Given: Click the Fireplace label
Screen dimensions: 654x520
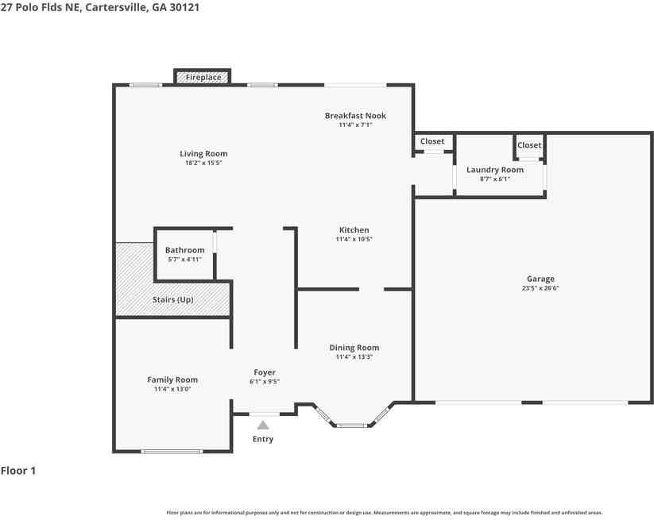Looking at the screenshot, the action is tap(203, 78).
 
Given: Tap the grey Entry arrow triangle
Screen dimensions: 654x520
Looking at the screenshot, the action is tap(263, 425).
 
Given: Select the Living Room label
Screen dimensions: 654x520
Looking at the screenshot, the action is tap(203, 154).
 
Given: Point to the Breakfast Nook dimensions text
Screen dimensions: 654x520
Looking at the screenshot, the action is tap(355, 125).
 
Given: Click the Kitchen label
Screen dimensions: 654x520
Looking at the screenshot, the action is tap(354, 230).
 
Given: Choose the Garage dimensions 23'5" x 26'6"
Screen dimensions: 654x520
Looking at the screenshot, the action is tap(540, 288).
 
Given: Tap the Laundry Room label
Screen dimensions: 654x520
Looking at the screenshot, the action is tap(495, 170).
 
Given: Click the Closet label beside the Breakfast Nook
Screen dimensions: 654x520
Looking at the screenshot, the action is tap(432, 141).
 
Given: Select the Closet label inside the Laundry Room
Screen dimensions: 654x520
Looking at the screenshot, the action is tap(529, 145).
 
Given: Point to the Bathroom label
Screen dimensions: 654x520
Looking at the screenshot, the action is tap(185, 250).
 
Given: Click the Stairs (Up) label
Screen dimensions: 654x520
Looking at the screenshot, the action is tap(172, 299).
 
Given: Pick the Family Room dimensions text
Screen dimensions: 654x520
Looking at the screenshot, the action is tap(172, 389).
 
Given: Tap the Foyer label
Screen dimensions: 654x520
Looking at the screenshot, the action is tap(265, 372).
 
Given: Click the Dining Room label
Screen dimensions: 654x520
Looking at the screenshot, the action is tap(354, 348).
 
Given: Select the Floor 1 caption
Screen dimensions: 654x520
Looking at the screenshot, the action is tap(18, 471).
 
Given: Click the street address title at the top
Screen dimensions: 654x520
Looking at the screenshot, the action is tap(100, 7).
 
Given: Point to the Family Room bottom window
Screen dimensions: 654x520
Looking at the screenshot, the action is tap(172, 452).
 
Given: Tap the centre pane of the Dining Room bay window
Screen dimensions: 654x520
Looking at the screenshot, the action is tap(352, 426).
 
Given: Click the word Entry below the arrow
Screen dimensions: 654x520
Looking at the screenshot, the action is tap(263, 439).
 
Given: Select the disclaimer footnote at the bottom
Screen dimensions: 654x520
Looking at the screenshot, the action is tap(385, 513).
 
